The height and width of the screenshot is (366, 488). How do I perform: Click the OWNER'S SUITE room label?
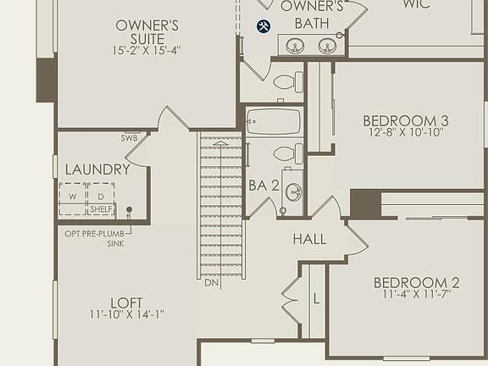point(147,31)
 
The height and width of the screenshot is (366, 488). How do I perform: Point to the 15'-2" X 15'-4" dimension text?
point(147,51)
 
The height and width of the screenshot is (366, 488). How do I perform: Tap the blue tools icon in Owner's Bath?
point(263,27)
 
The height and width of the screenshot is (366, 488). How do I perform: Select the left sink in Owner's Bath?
point(296,46)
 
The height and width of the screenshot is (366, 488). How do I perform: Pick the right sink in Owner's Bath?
point(327,46)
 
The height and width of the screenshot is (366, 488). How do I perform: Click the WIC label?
point(416,5)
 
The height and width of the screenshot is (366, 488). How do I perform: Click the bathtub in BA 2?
point(274,122)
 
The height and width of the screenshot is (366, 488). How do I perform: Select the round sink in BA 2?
point(293,192)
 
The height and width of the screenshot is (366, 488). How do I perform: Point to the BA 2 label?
point(263,186)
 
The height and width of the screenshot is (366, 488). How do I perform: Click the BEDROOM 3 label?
point(405,119)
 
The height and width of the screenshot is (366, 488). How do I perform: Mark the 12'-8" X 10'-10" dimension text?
point(408,133)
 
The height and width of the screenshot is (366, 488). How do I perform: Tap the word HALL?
point(309,239)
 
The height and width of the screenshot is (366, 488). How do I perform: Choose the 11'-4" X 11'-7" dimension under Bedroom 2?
point(416,295)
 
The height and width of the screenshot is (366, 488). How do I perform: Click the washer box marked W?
point(73,197)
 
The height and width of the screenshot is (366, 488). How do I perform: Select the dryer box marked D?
point(100,197)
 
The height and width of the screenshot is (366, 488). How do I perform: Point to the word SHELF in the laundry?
point(101,209)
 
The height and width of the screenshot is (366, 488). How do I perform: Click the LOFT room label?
point(126,302)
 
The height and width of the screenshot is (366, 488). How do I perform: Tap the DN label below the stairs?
point(212,282)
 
